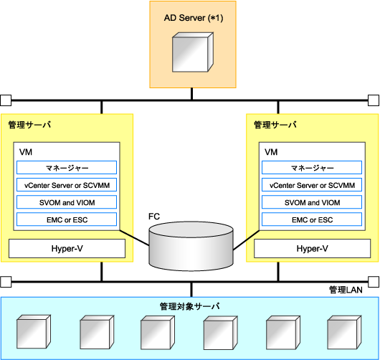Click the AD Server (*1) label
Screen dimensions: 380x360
(194, 18)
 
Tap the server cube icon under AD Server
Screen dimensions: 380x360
(193, 52)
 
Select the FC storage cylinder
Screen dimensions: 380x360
(191, 246)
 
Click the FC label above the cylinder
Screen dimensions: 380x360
(154, 217)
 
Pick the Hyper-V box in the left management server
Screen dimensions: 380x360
(67, 248)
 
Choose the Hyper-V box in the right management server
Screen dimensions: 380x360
(312, 248)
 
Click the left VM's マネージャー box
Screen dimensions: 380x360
(67, 168)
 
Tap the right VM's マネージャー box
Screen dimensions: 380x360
(312, 168)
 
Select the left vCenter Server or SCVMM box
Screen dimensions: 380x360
(67, 185)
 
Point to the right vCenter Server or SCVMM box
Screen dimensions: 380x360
(312, 185)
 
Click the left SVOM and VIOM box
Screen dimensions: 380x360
(67, 202)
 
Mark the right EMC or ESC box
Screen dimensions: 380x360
(312, 219)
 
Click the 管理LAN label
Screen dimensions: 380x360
(346, 290)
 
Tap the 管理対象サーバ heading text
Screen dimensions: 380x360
(190, 306)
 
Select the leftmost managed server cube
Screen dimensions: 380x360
(34, 331)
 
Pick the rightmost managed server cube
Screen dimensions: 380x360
(344, 332)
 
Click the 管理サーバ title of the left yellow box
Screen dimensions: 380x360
(29, 125)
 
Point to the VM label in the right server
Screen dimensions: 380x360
(271, 152)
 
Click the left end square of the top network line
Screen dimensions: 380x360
(6, 100)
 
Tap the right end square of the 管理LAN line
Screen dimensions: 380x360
(374, 282)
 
